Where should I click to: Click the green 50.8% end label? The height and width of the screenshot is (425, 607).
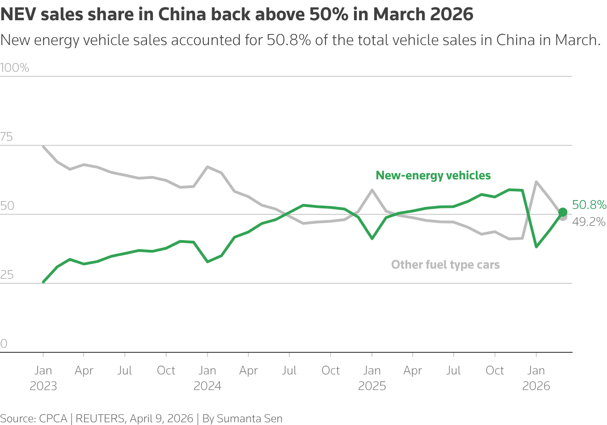tap(589, 205)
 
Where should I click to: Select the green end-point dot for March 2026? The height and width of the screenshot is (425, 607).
tap(562, 212)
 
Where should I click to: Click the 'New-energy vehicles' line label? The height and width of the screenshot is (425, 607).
tap(433, 175)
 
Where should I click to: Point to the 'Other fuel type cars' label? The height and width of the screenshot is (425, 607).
tap(445, 264)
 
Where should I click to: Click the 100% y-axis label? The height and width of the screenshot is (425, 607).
tap(15, 68)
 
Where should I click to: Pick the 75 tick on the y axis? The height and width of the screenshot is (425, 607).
tap(7, 137)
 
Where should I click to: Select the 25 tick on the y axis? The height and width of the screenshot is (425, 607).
tap(7, 275)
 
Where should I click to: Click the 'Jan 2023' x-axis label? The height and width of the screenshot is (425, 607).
tap(43, 378)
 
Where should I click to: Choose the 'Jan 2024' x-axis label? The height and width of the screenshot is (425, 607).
tap(208, 378)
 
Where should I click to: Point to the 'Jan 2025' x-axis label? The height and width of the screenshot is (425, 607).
tap(372, 378)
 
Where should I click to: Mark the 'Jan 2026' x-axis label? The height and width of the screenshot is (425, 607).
tap(536, 378)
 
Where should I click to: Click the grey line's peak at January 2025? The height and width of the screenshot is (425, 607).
tap(372, 190)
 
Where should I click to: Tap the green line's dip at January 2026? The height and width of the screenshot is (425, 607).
tap(536, 247)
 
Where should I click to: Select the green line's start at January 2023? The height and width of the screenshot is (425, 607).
tap(43, 282)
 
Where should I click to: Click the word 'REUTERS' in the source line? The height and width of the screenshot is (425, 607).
tap(100, 419)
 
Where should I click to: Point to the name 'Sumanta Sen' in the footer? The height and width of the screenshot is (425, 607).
tap(249, 419)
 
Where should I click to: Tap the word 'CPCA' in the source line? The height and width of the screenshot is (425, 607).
tap(53, 419)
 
